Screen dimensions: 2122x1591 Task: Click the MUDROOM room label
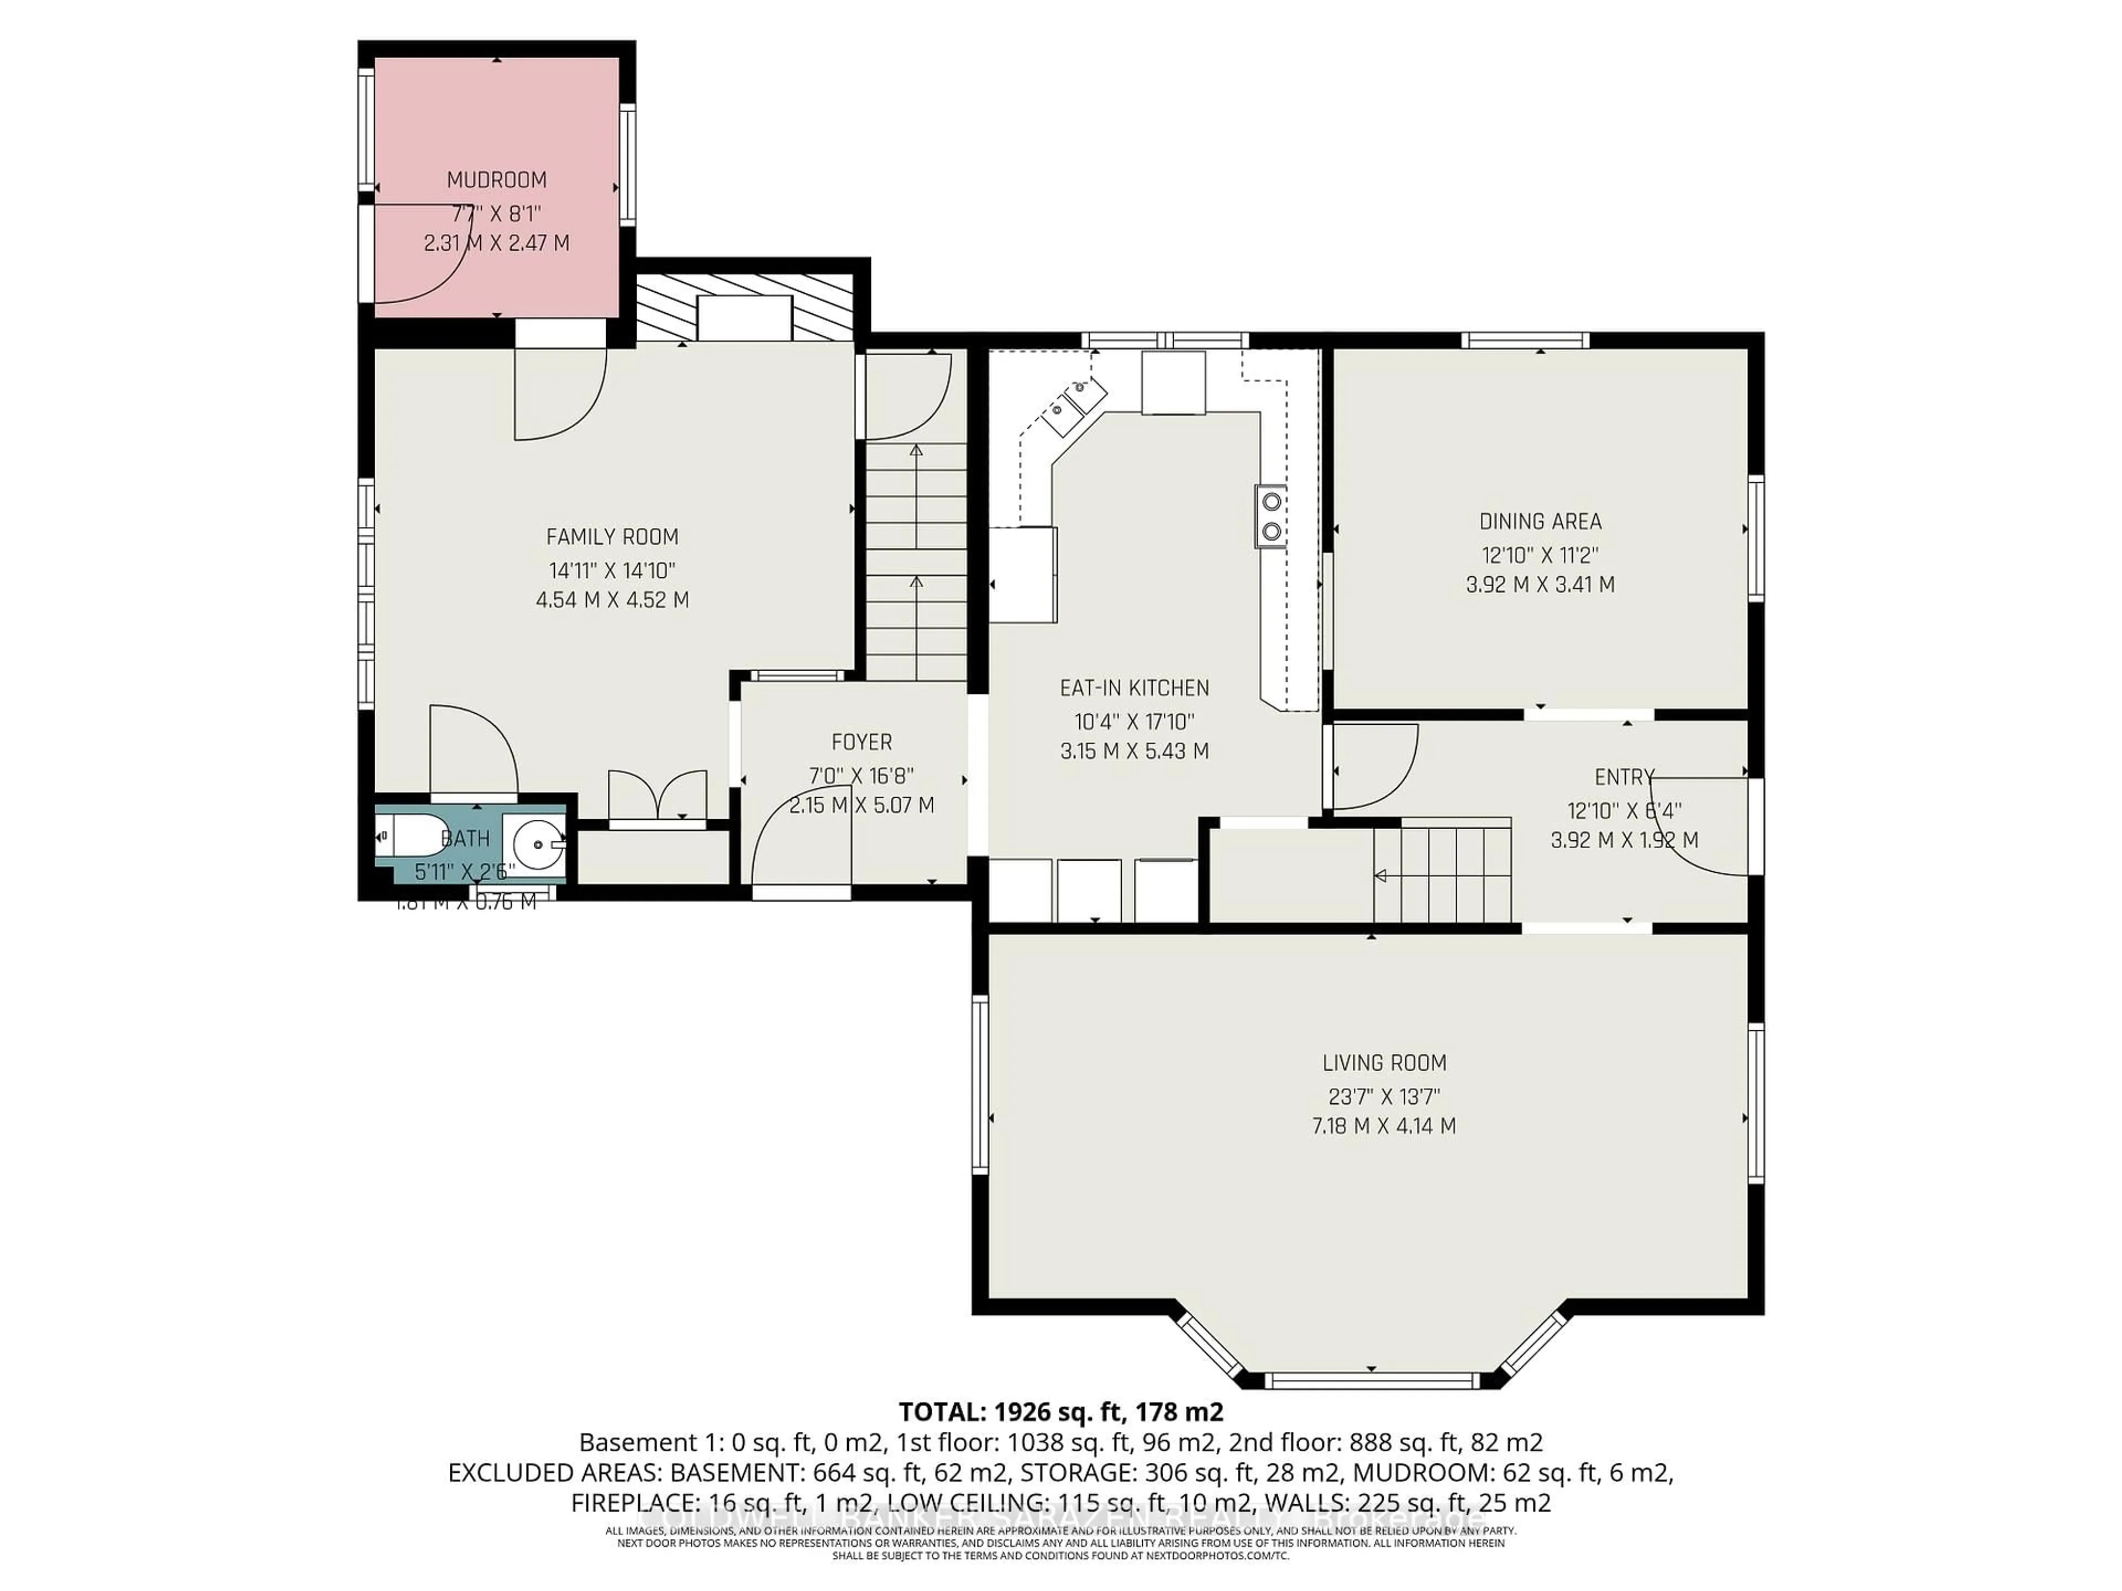(x=496, y=180)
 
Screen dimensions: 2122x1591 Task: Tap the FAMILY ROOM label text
(x=612, y=537)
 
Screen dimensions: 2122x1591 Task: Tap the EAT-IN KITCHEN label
(x=1134, y=688)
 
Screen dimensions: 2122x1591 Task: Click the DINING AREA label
(x=1540, y=521)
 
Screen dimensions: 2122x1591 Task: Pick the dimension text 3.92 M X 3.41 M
(x=1540, y=584)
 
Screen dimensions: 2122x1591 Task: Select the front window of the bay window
(x=1371, y=1381)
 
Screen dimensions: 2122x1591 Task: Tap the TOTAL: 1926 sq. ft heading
(x=1060, y=1411)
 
